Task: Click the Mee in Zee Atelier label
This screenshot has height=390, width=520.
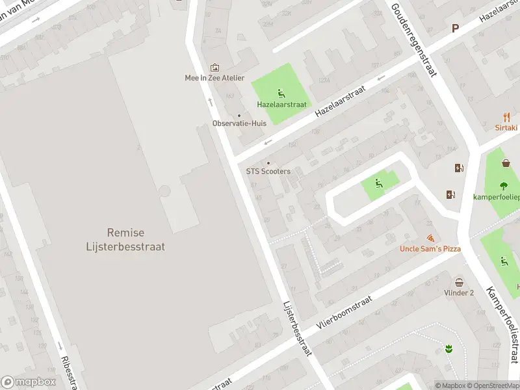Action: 214,78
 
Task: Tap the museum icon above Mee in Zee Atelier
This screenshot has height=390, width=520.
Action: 214,68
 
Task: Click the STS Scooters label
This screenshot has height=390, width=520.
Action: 268,172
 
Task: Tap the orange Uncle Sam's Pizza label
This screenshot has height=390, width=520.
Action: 430,249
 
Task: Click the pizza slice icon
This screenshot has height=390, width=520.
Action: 430,239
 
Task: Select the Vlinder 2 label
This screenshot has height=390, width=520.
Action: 459,292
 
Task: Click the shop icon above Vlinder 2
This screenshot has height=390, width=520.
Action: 459,282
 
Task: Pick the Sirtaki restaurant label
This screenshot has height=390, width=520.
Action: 507,128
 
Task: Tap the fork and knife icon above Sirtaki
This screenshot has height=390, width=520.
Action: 507,117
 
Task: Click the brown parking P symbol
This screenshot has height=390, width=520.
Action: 455,28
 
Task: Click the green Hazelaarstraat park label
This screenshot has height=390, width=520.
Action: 281,104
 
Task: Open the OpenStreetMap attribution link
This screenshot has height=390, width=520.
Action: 493,385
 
